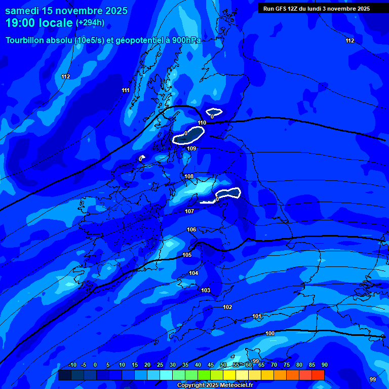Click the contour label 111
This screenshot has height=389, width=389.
tap(126, 90)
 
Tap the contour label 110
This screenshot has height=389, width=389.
tap(202, 123)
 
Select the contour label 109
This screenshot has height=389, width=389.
tap(191, 148)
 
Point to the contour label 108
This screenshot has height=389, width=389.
tap(189, 176)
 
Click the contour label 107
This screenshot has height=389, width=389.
tap(189, 211)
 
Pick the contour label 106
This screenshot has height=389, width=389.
tap(191, 229)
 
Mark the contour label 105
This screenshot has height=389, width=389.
tap(187, 255)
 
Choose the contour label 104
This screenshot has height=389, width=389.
tap(193, 273)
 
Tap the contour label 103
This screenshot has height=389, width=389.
tap(205, 290)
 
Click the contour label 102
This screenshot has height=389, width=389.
tap(227, 307)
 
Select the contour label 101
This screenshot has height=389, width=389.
tap(257, 316)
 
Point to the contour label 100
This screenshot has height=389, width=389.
tap(270, 333)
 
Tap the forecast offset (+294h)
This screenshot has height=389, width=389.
tap(90, 22)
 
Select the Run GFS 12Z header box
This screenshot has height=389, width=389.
tap(317, 9)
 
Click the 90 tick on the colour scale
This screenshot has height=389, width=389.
tap(324, 365)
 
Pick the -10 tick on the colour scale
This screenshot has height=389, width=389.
tap(72, 365)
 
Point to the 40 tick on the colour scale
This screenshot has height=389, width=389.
tap(198, 365)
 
